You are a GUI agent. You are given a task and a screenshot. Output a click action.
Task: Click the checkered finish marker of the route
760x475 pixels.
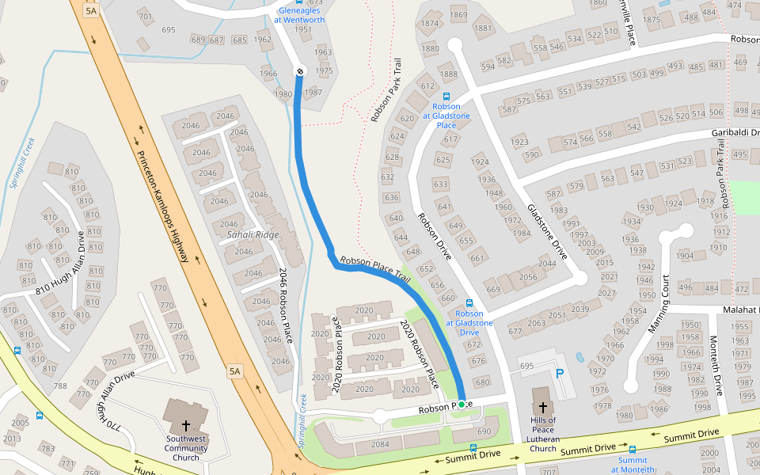coord(300,72)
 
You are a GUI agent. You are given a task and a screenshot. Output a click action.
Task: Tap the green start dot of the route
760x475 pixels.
coord(462,404)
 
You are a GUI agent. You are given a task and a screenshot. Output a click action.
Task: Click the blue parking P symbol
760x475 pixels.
coord(560,373)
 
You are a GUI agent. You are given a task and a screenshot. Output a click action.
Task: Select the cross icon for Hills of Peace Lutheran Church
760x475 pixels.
coord(542,407)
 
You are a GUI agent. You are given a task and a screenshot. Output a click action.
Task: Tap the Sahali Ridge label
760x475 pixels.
coord(253,235)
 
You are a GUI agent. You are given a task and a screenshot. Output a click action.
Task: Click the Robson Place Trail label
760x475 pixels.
coord(374,270)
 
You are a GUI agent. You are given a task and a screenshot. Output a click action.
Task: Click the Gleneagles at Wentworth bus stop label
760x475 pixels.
coord(299,15)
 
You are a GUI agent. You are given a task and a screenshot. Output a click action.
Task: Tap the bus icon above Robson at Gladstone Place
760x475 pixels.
coord(446,96)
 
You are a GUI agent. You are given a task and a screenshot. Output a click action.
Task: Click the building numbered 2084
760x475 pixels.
coord(381,443)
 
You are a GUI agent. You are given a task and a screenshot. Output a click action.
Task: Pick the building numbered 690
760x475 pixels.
coord(484,431)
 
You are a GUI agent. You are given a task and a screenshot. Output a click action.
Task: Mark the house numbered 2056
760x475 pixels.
coord(527,277)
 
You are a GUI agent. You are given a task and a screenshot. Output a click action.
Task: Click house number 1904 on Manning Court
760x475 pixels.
coord(685,256)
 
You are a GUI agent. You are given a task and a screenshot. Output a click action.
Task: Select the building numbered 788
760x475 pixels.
coord(60,386)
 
